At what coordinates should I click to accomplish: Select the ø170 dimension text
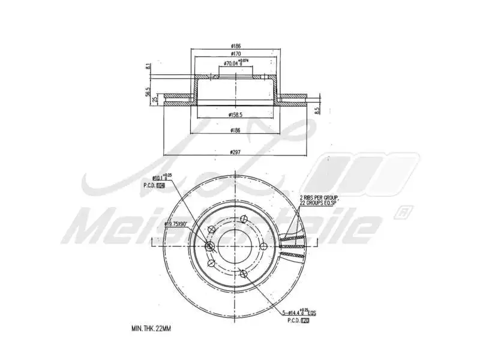(235, 54)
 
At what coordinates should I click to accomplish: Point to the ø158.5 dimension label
(235, 114)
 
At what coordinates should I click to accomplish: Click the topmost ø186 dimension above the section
(235, 46)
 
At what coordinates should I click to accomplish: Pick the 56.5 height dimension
(148, 93)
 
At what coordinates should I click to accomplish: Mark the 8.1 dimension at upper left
(148, 68)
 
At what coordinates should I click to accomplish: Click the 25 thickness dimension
(155, 99)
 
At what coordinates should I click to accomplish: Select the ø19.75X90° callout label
(176, 224)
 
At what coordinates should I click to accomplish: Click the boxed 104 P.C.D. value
(161, 185)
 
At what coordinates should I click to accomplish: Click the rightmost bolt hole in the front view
(263, 245)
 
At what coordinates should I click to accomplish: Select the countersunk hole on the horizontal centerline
(209, 246)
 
